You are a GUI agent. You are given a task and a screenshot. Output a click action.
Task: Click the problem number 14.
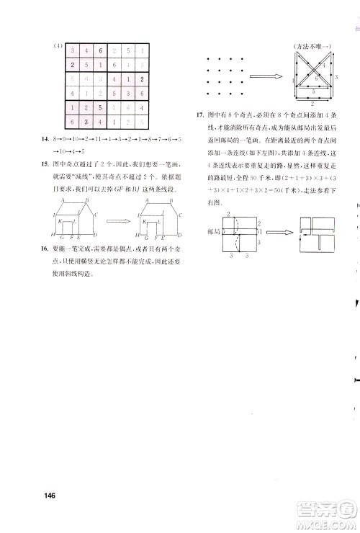53,137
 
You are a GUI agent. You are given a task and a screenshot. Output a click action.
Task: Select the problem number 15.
53,164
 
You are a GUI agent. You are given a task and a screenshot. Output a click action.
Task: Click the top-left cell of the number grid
73,51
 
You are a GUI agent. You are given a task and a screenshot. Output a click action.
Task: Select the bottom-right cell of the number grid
143,123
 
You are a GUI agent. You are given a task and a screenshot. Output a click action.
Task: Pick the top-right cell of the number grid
143,51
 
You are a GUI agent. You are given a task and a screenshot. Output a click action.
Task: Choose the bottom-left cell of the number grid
73,123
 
